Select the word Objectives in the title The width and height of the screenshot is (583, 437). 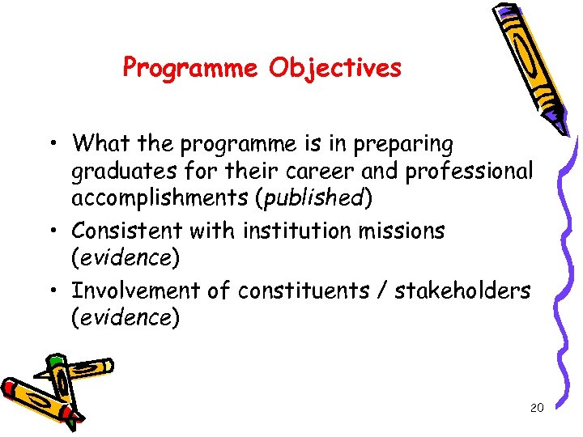(x=335, y=68)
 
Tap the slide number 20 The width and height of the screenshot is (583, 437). (x=536, y=408)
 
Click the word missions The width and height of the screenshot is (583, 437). (x=399, y=231)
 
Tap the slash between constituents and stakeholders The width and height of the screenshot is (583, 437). (x=381, y=290)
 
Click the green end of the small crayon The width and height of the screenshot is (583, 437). (x=54, y=360)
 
